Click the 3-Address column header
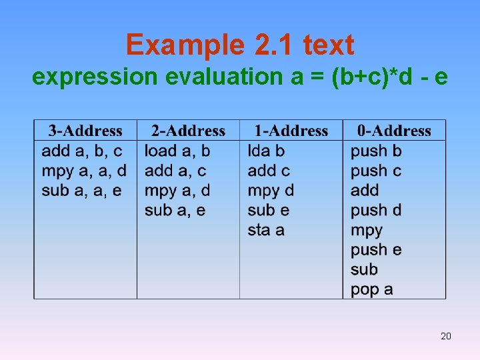click(x=85, y=131)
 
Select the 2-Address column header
click(x=188, y=131)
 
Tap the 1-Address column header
click(x=291, y=131)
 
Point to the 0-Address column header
click(x=394, y=131)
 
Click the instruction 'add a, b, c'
click(x=82, y=151)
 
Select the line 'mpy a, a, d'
click(x=84, y=171)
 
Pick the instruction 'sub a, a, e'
click(x=82, y=191)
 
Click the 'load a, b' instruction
click(x=177, y=151)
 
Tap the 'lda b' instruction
click(x=266, y=151)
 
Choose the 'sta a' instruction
click(x=266, y=230)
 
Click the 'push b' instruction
click(x=376, y=151)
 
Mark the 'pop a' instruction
click(x=372, y=289)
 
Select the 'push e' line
click(x=376, y=250)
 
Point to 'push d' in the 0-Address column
click(x=376, y=211)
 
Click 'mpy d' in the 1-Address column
click(x=271, y=191)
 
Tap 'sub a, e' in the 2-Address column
click(x=175, y=211)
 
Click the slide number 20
click(x=446, y=336)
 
